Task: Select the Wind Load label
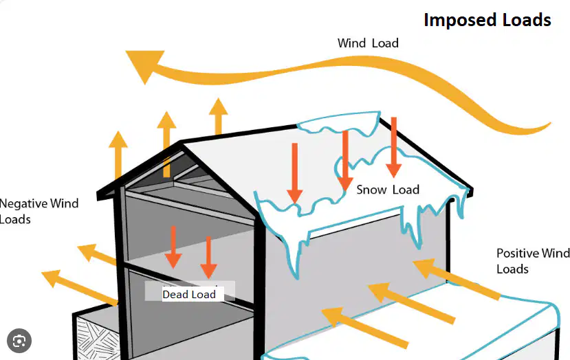(368, 43)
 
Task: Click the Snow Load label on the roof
(388, 190)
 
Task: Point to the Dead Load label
(189, 294)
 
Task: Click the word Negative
(23, 204)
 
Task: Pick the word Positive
(517, 254)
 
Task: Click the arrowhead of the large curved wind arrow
(144, 65)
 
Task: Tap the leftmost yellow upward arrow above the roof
(118, 155)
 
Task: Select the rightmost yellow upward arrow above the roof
(218, 116)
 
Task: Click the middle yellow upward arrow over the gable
(166, 144)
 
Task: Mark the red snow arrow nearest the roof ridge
(394, 147)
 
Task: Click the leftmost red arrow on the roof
(295, 173)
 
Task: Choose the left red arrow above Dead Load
(173, 247)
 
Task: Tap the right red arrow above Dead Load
(208, 257)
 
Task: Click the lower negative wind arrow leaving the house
(80, 287)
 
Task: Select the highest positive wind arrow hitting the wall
(457, 279)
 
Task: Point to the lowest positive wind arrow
(365, 328)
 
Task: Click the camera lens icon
(19, 341)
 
